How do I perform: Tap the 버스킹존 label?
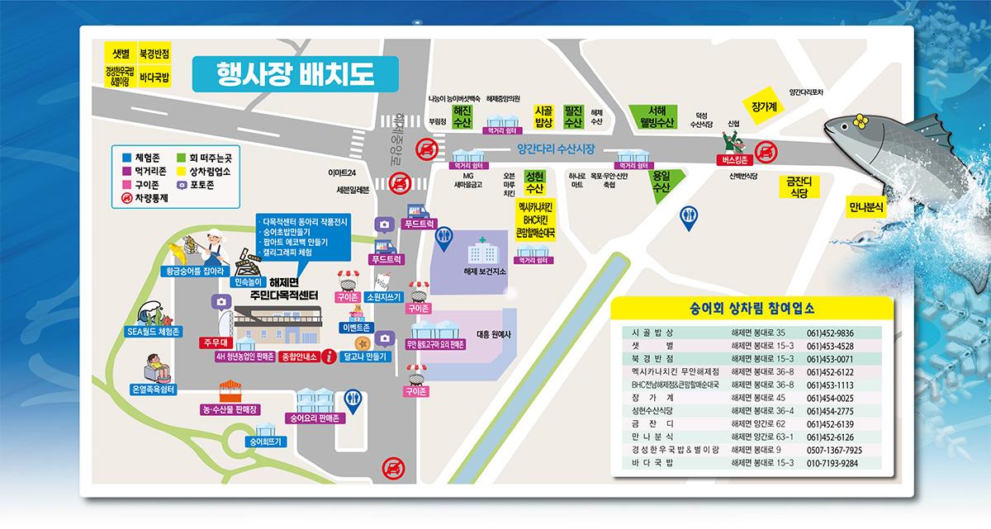tap(732, 160)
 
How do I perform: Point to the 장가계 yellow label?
tap(764, 107)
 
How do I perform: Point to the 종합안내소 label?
tap(298, 357)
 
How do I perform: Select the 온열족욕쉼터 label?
tap(152, 389)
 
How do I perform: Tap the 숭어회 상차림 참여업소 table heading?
tap(752, 309)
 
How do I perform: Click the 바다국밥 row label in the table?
tap(652, 464)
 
